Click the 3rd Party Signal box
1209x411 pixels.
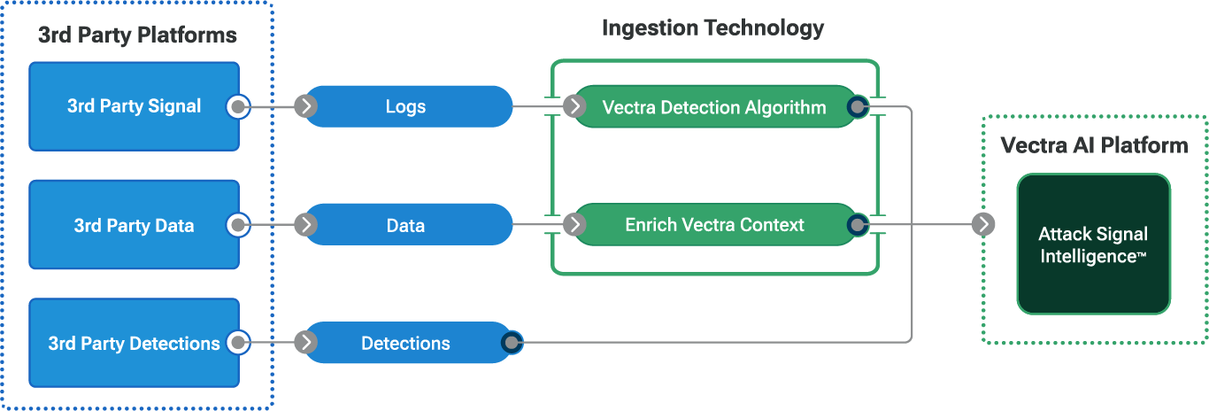click(134, 106)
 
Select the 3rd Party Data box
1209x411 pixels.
click(134, 225)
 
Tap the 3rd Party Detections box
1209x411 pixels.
click(134, 343)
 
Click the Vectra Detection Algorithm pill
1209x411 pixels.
click(714, 107)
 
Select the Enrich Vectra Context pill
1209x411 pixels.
click(714, 225)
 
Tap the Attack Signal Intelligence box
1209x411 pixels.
click(1093, 244)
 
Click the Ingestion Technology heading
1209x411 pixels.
click(712, 27)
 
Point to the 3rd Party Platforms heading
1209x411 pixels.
click(137, 35)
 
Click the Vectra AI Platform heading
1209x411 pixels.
click(1094, 145)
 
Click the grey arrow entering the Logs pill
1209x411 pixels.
click(306, 107)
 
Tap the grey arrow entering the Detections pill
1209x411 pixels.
click(306, 343)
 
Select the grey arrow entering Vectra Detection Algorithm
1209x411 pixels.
click(575, 107)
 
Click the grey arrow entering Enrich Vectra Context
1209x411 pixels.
click(575, 225)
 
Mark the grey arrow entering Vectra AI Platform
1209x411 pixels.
click(982, 225)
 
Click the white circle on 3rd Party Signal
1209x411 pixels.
click(238, 107)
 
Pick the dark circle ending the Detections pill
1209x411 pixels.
click(512, 343)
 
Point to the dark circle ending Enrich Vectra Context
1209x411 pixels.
click(857, 225)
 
